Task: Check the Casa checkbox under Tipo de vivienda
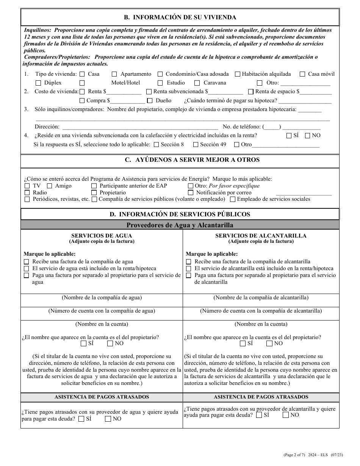pyautogui.click(x=82, y=74)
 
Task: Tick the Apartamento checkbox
pyautogui.click(x=114, y=74)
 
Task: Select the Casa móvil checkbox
pyautogui.click(x=302, y=74)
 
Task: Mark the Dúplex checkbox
pyautogui.click(x=38, y=83)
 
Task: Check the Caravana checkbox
pyautogui.click(x=197, y=83)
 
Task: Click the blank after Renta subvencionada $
pyautogui.click(x=226, y=92)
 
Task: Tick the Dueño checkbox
pyautogui.click(x=150, y=101)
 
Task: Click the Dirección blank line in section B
pyautogui.click(x=139, y=127)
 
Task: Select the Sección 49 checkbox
pyautogui.click(x=196, y=144)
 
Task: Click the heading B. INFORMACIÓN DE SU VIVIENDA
pyautogui.click(x=180, y=17)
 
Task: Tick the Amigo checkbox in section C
pyautogui.click(x=50, y=186)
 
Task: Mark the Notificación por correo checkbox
pyautogui.click(x=190, y=192)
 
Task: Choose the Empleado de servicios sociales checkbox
pyautogui.click(x=233, y=199)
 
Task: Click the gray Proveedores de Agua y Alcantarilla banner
pyautogui.click(x=180, y=225)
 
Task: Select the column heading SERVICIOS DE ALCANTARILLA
pyautogui.click(x=261, y=236)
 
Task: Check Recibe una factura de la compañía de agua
pyautogui.click(x=27, y=262)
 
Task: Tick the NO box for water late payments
pyautogui.click(x=108, y=419)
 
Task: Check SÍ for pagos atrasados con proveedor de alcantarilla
pyautogui.click(x=259, y=415)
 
